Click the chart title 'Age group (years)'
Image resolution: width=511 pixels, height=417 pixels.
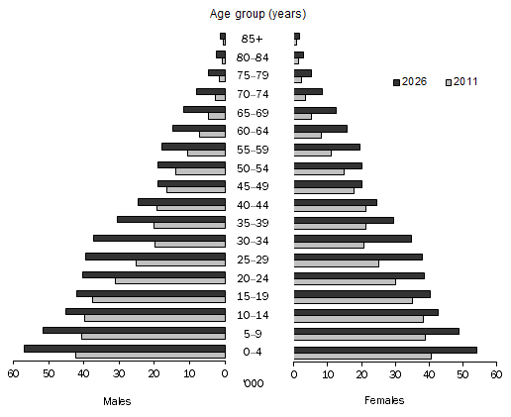coord(258,14)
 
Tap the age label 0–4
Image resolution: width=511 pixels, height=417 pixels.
coord(258,352)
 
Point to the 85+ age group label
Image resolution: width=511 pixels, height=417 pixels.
coord(258,39)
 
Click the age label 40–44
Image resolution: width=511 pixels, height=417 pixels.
coord(258,205)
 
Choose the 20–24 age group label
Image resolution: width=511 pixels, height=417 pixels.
coord(258,278)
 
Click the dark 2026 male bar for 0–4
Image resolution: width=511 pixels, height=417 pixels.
coord(124,348)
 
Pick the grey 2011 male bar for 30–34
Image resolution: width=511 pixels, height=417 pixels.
coord(189,244)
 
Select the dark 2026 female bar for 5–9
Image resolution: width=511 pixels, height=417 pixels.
coord(376,331)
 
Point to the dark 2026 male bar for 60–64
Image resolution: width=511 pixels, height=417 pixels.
coord(198,128)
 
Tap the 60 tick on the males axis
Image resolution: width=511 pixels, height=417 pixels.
coord(14,373)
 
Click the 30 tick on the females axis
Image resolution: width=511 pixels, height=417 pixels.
coord(395,373)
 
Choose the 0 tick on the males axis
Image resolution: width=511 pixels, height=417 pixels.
coord(225,373)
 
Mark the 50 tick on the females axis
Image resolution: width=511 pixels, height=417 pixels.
coord(462,373)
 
